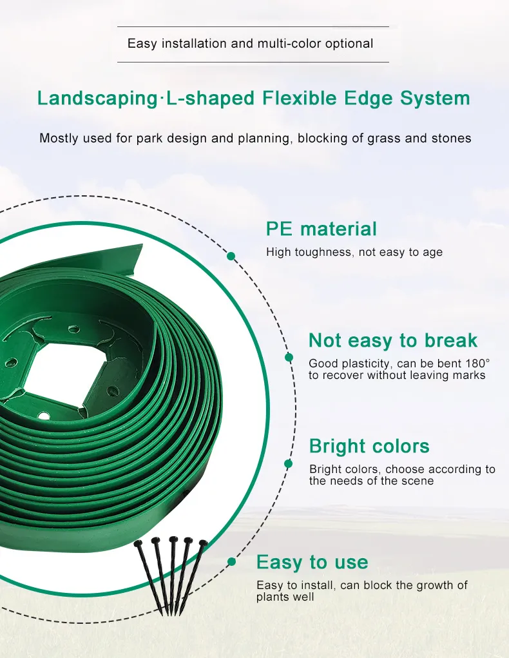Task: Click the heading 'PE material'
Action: (x=322, y=229)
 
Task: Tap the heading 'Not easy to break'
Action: (x=393, y=340)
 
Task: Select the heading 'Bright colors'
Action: (x=369, y=446)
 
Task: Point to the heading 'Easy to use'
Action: (x=312, y=563)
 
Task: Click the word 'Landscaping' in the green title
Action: (x=97, y=99)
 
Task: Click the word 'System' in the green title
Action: (x=435, y=99)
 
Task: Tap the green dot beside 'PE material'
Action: (x=231, y=256)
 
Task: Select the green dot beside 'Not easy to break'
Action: (x=289, y=357)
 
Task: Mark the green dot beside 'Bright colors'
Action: (x=288, y=464)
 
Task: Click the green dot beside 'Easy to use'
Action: (x=232, y=562)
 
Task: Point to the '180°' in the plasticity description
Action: (x=477, y=363)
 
